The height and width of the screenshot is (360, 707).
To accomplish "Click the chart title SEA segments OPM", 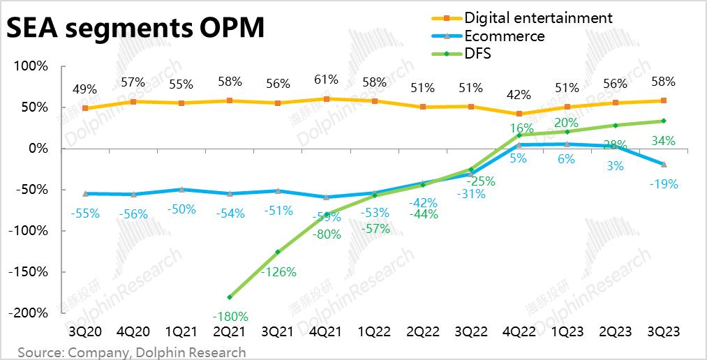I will tap(135, 29).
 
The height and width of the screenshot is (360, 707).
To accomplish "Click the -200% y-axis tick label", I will tap(29, 313).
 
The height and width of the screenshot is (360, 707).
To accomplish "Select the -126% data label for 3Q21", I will tap(278, 272).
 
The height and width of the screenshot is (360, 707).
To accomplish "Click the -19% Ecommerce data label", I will tap(664, 185).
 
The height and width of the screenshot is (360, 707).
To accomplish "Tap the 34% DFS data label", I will tap(663, 141).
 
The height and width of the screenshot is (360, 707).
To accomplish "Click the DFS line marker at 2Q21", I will tap(230, 297).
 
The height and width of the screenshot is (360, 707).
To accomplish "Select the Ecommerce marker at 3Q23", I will tap(664, 165).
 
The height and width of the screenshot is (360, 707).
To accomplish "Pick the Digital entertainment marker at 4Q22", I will tap(519, 114).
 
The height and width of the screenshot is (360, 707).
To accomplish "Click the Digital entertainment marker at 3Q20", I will tap(85, 108).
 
